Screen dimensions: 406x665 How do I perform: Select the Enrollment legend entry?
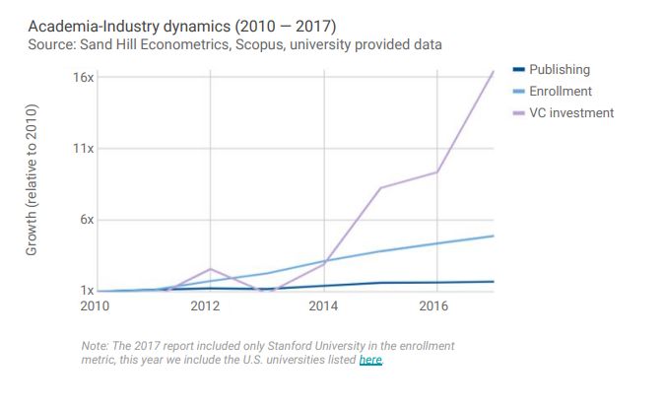pos(561,92)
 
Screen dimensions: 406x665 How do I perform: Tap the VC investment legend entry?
pos(570,113)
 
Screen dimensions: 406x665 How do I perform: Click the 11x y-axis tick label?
pos(83,149)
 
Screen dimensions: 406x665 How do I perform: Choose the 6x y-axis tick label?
pos(86,220)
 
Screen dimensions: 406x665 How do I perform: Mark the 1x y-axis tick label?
pos(87,291)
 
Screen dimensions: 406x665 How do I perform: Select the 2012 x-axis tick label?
pos(205,306)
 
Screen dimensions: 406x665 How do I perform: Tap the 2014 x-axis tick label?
pos(323,306)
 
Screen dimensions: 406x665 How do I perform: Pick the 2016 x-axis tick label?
pos(434,306)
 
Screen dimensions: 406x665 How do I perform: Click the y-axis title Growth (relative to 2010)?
pos(32,180)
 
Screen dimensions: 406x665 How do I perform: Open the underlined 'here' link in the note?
pos(370,361)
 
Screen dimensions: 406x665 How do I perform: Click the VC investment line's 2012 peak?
pos(211,269)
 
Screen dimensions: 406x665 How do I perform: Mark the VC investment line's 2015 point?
pos(379,187)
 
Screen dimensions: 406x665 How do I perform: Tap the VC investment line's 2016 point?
pos(436,172)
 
